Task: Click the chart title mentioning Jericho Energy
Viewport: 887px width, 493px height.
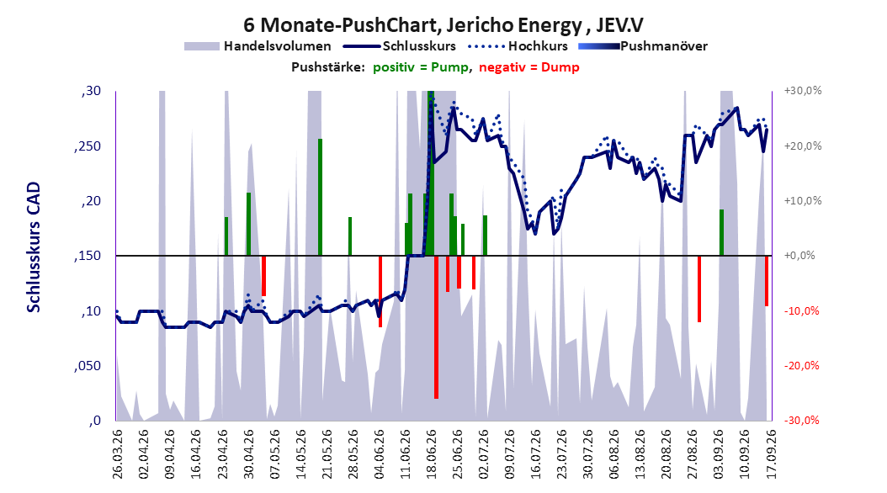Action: (443, 25)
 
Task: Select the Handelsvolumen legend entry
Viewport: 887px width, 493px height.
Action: (258, 46)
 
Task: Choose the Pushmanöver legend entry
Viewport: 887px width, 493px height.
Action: (643, 46)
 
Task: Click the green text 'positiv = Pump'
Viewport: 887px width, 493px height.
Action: (421, 67)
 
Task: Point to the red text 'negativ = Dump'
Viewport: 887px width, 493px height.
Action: (529, 67)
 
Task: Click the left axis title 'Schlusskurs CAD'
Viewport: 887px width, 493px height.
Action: (34, 246)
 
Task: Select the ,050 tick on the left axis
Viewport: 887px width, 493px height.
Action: (88, 366)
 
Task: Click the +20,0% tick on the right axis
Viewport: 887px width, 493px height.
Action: (803, 146)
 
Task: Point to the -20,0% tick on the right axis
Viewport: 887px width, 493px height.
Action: (801, 366)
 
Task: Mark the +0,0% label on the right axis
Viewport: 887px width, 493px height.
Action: (799, 256)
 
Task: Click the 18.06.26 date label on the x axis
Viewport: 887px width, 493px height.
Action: (432, 453)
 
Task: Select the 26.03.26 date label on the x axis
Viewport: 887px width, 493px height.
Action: (117, 453)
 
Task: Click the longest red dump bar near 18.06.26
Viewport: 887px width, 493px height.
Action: (436, 327)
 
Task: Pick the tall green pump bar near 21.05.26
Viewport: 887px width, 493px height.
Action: (320, 198)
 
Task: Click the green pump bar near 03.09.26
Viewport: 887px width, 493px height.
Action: (722, 232)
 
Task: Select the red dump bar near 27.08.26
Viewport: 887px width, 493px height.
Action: (699, 289)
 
